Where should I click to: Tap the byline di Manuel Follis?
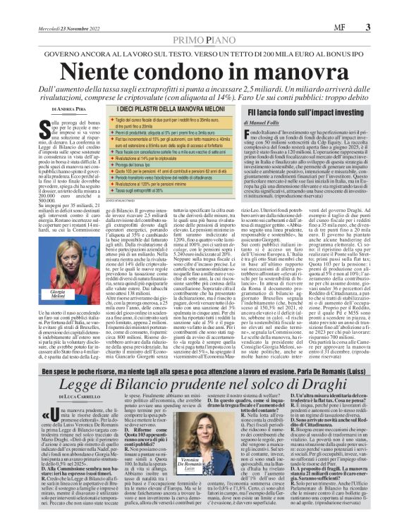point(279,123)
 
